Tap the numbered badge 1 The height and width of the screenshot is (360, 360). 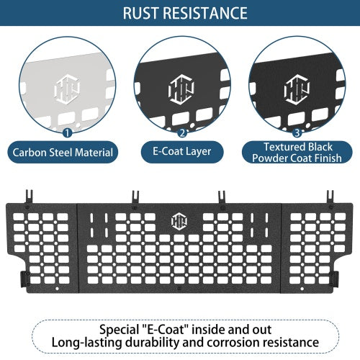pos(67,132)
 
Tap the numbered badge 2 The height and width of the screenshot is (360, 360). pos(182,132)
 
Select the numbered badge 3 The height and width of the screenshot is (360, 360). pos(297,132)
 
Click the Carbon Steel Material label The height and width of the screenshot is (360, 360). pos(63,153)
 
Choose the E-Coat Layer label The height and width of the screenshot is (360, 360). pos(182,152)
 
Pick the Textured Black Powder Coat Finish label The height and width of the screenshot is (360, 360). pos(297,153)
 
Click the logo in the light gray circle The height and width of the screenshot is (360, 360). pos(67,89)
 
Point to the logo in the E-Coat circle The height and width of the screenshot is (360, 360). pos(181,89)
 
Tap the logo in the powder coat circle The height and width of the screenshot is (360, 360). pos(297,89)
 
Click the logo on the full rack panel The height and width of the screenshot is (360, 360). pos(179,221)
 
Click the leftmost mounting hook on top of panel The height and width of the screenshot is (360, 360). pos(29,197)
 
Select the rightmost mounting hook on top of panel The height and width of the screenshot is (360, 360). pos(330,198)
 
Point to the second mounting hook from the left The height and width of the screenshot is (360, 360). pos(135,198)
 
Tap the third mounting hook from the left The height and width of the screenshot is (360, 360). pos(222,198)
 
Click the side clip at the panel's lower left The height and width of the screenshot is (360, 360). pos(24,279)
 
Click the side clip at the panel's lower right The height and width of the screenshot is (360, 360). pos(336,279)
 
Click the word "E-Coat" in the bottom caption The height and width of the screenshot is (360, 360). pos(163,330)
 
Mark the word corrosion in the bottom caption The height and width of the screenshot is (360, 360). pos(233,343)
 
